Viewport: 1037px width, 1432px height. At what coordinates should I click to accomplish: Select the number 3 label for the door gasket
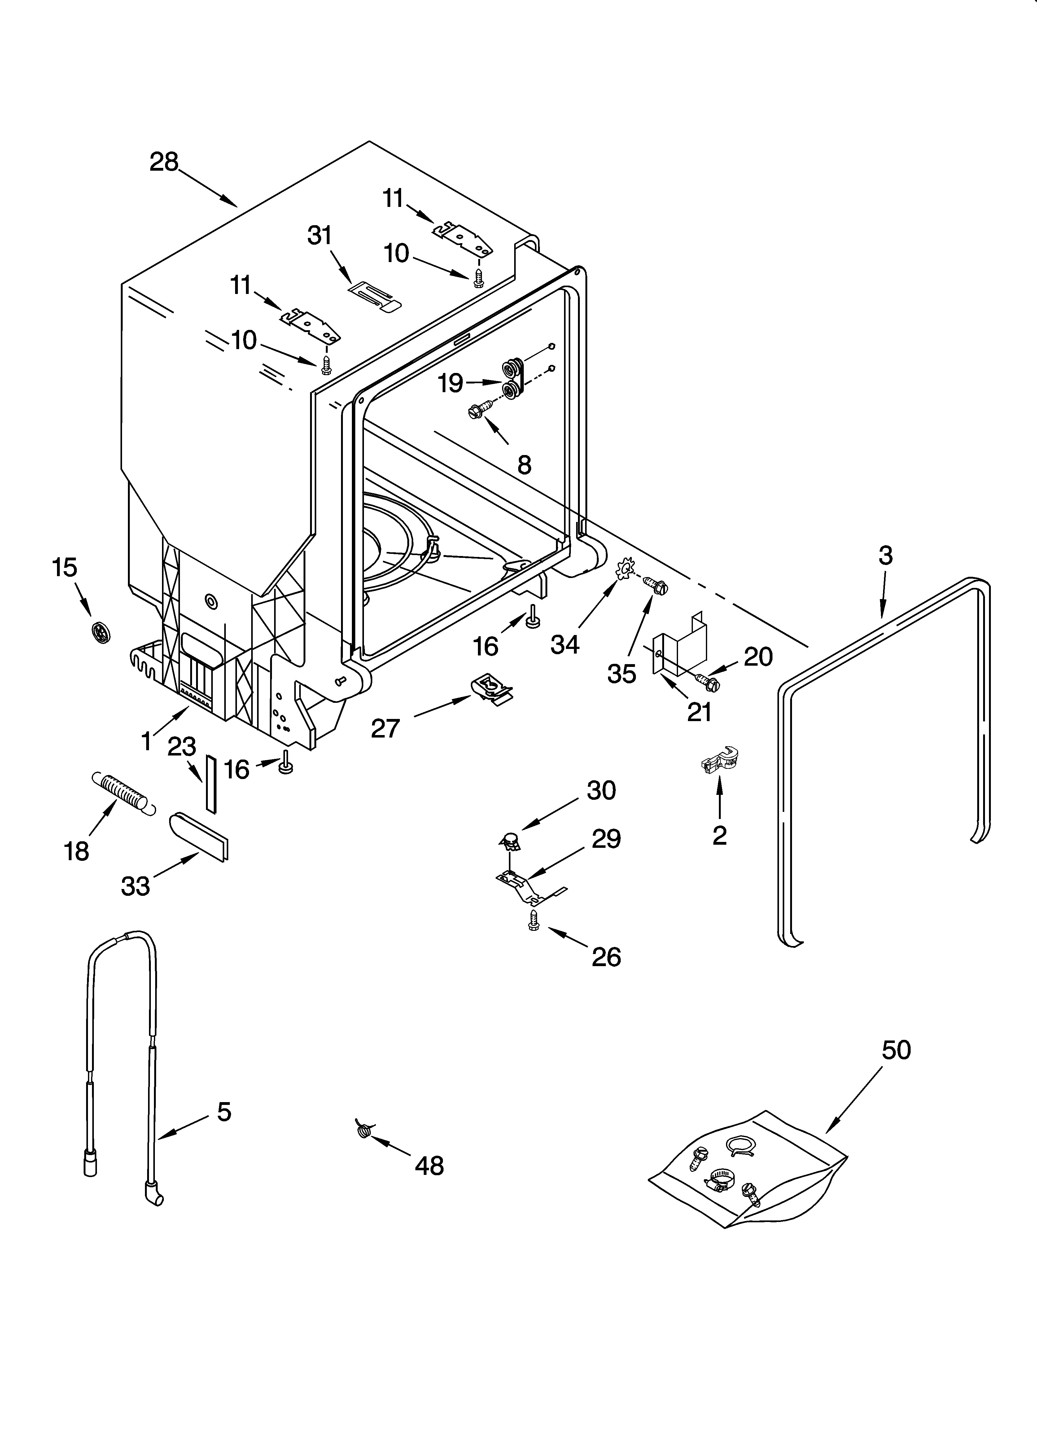tap(886, 556)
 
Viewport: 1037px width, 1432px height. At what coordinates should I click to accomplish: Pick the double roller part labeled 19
tap(514, 379)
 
